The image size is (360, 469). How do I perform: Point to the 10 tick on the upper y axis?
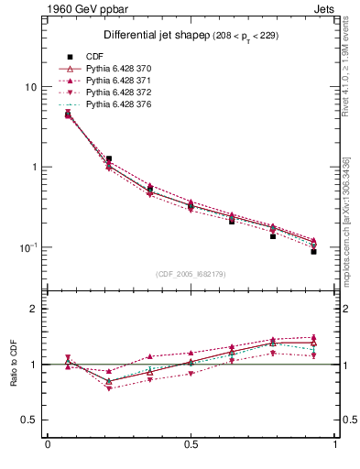coord(30,87)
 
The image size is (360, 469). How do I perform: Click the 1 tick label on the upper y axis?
coord(34,168)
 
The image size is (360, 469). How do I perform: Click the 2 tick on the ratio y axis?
coord(34,310)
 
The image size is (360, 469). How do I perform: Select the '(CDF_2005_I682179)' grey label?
coord(191,274)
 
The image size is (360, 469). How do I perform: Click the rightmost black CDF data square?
coord(313,251)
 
